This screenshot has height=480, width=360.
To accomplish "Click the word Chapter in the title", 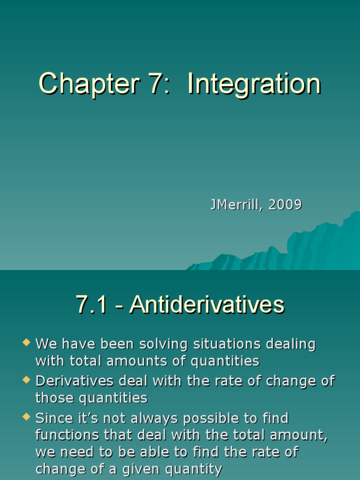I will (86, 84).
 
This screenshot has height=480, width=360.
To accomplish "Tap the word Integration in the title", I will (254, 84).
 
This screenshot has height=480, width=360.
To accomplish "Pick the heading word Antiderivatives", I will (207, 305).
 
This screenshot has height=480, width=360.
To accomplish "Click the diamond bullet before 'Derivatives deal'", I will (26, 380).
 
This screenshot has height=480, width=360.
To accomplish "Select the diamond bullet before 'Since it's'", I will (26, 417).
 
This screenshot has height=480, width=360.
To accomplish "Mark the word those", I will (52, 398).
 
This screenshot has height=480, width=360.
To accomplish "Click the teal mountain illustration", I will (300, 248).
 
